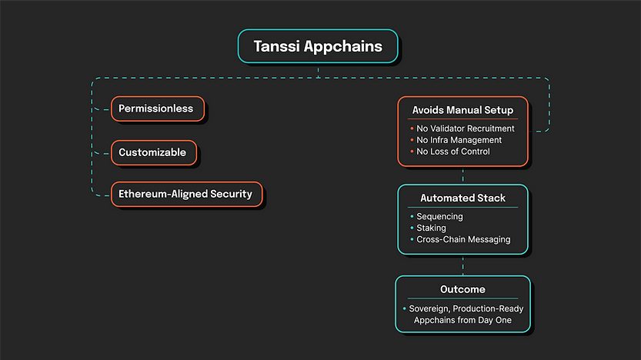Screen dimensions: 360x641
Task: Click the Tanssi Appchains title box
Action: coord(318,46)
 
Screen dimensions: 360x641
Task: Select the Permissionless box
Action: coord(158,108)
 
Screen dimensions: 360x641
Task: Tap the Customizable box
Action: coord(153,152)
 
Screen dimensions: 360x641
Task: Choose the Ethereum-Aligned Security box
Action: coord(186,194)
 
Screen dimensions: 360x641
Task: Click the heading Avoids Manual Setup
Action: coord(462,110)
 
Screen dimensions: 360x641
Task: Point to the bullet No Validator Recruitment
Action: coord(466,128)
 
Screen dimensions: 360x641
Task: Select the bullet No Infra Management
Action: coord(459,140)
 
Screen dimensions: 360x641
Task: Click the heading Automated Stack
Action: coord(462,198)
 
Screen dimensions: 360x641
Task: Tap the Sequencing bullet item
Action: coord(439,217)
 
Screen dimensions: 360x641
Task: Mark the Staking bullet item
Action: coord(431,228)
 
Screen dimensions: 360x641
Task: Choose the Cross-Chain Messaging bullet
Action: coord(463,239)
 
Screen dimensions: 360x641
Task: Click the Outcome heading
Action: coord(462,289)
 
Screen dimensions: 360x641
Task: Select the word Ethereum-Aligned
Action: coord(164,194)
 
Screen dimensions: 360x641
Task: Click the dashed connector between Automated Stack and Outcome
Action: coord(462,265)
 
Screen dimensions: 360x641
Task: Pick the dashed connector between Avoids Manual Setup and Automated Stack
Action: coord(462,175)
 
